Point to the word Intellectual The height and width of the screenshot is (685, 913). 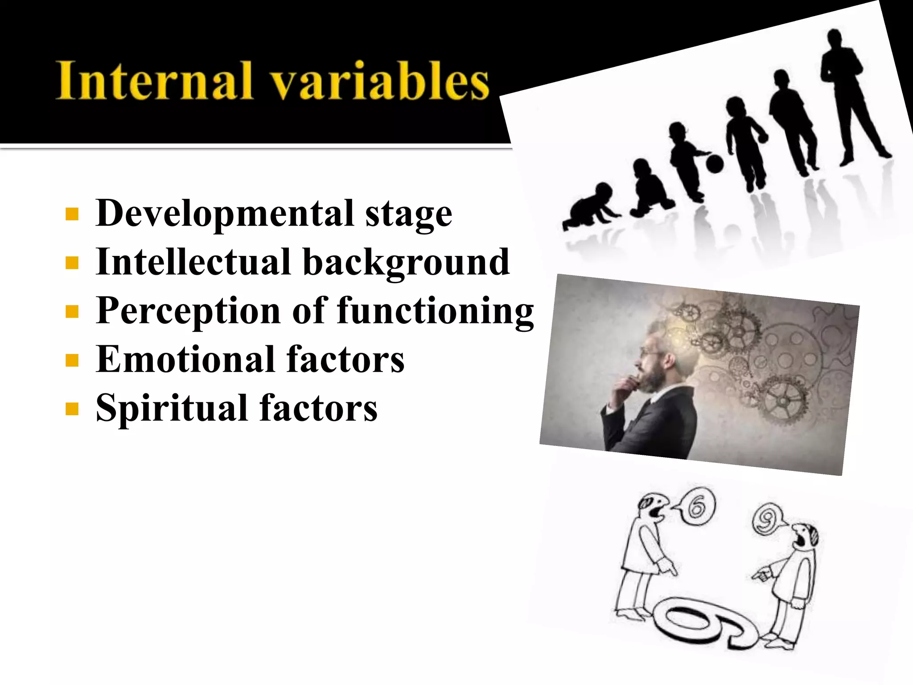tap(193, 262)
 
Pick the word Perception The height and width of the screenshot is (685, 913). tap(188, 311)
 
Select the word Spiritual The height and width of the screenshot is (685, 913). tap(172, 408)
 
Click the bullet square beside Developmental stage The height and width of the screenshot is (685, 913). tap(72, 215)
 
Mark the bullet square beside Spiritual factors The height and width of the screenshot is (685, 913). tap(72, 409)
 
